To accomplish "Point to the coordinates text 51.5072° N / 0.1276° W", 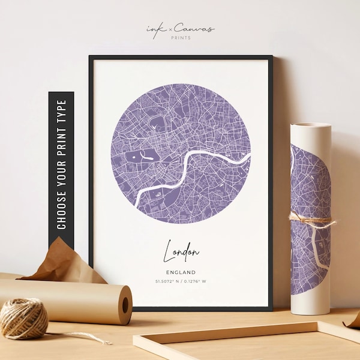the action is [x=181, y=281].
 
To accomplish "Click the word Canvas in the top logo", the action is [x=195, y=28].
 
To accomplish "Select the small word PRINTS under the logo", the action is [x=180, y=38].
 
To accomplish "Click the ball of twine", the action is [x=23, y=318].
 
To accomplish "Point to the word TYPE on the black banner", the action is [x=61, y=109].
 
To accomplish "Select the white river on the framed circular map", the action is [x=198, y=161].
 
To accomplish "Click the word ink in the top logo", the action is [x=154, y=29].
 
